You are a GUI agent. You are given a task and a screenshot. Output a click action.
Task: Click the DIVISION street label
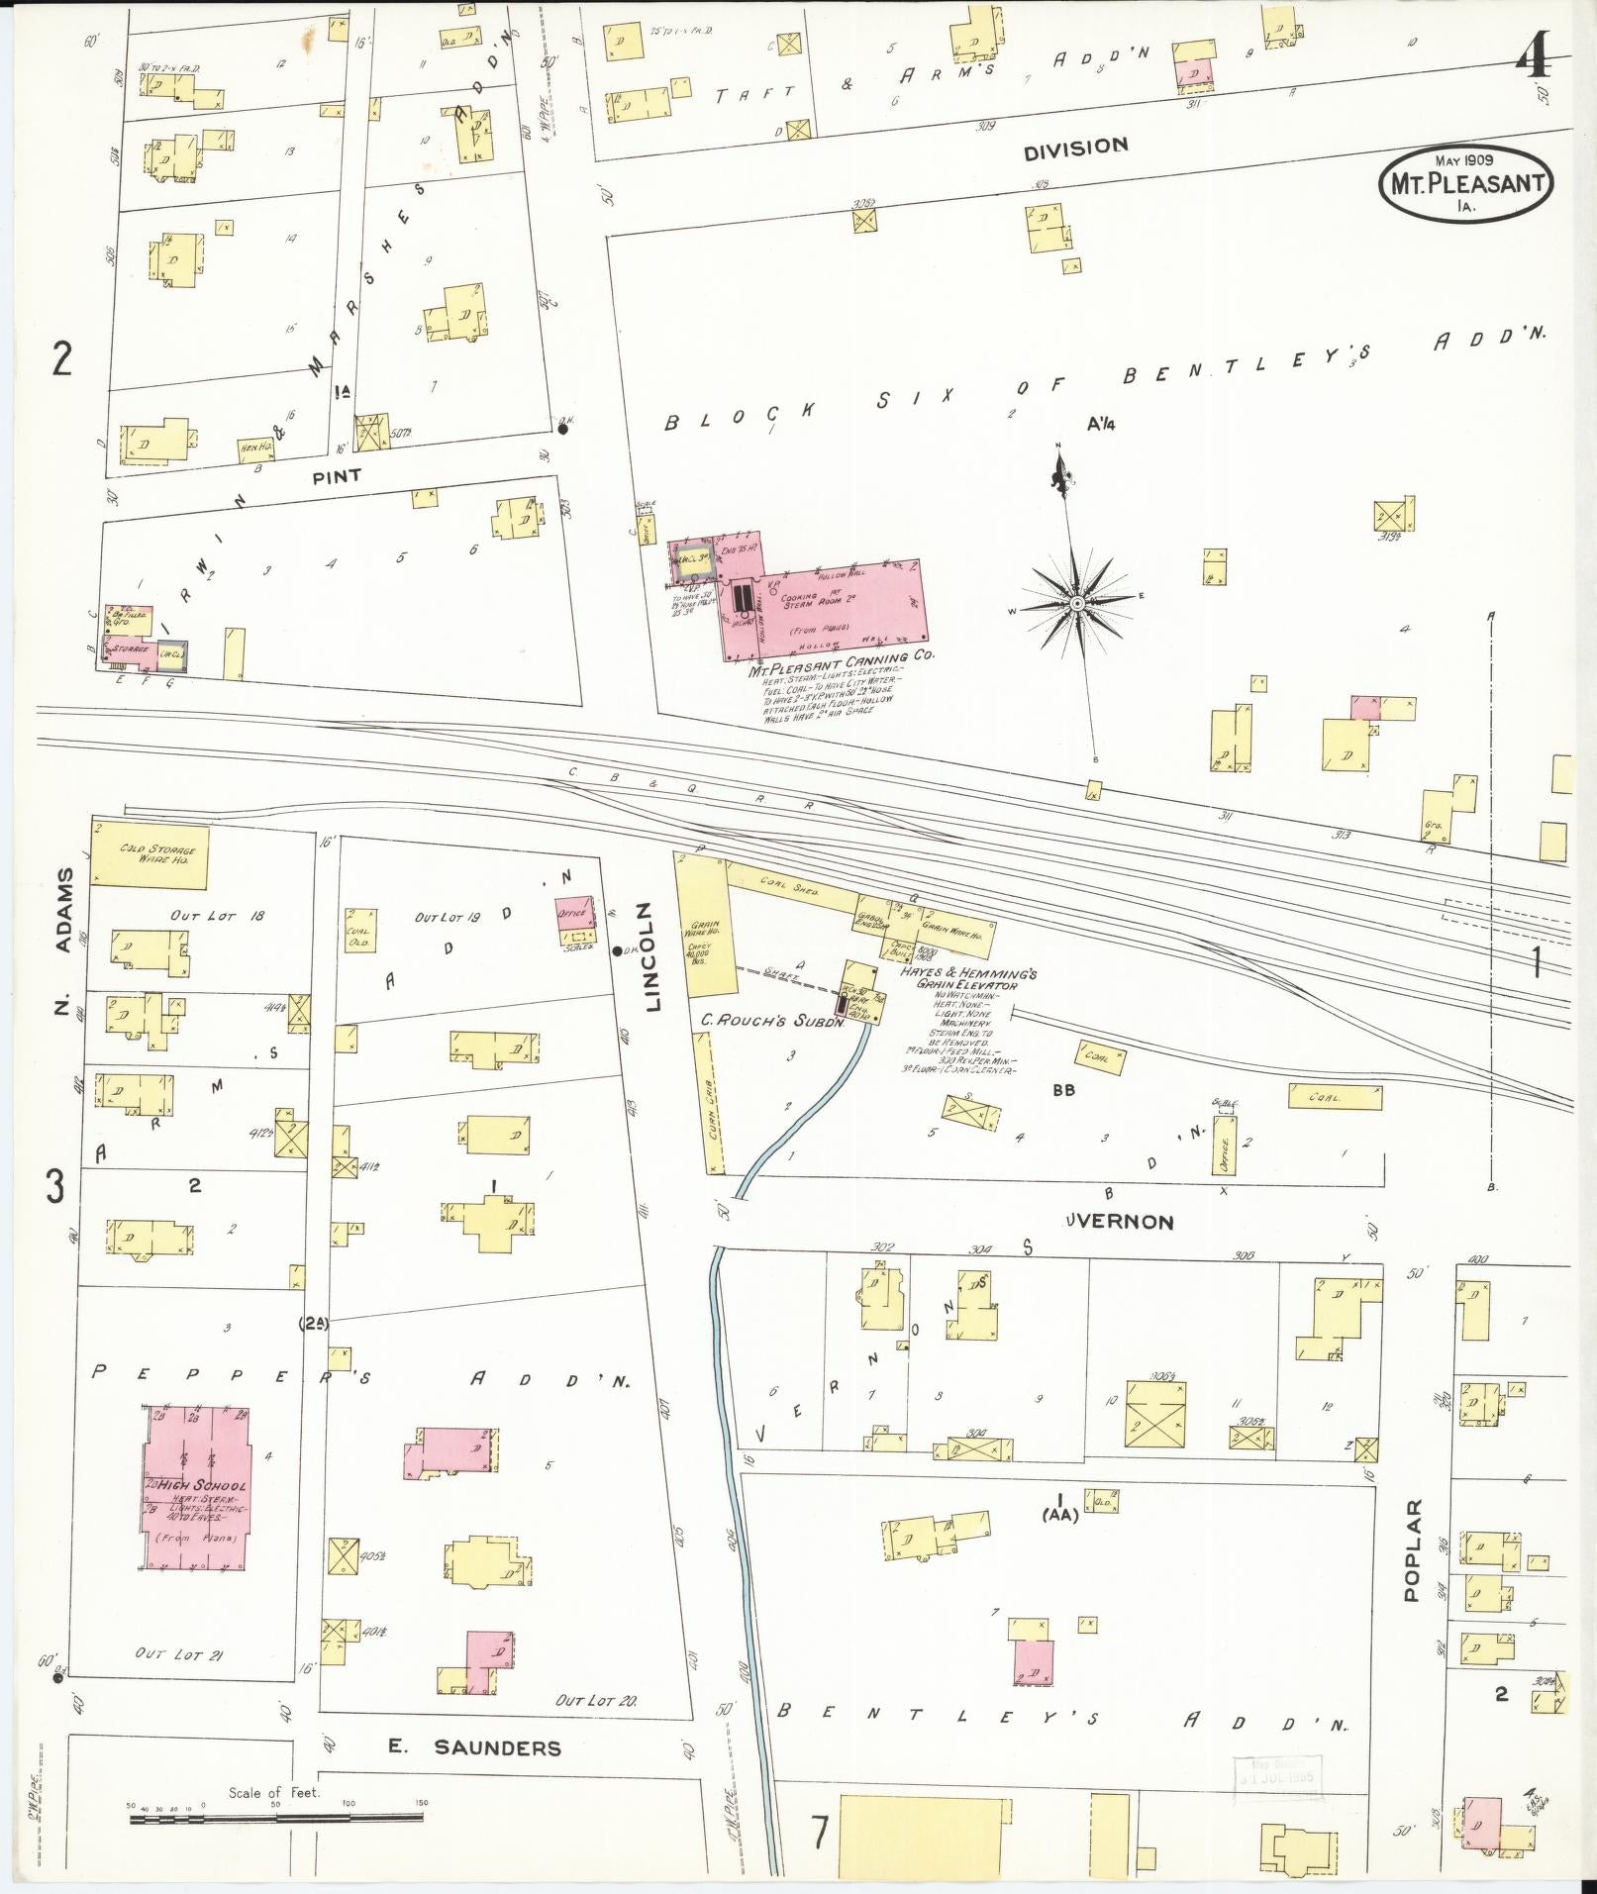pos(1075,149)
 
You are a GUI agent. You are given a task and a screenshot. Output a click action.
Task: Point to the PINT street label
pos(337,476)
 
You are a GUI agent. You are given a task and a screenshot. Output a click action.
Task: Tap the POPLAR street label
pos(1412,1563)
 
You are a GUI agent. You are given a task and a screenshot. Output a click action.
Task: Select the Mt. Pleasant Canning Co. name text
pos(841,658)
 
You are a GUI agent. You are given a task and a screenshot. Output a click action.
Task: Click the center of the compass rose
pos(1076,603)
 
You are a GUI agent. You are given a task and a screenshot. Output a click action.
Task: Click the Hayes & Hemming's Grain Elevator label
pos(966,978)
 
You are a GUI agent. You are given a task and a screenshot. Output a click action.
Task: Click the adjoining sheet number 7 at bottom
pos(819,1835)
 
